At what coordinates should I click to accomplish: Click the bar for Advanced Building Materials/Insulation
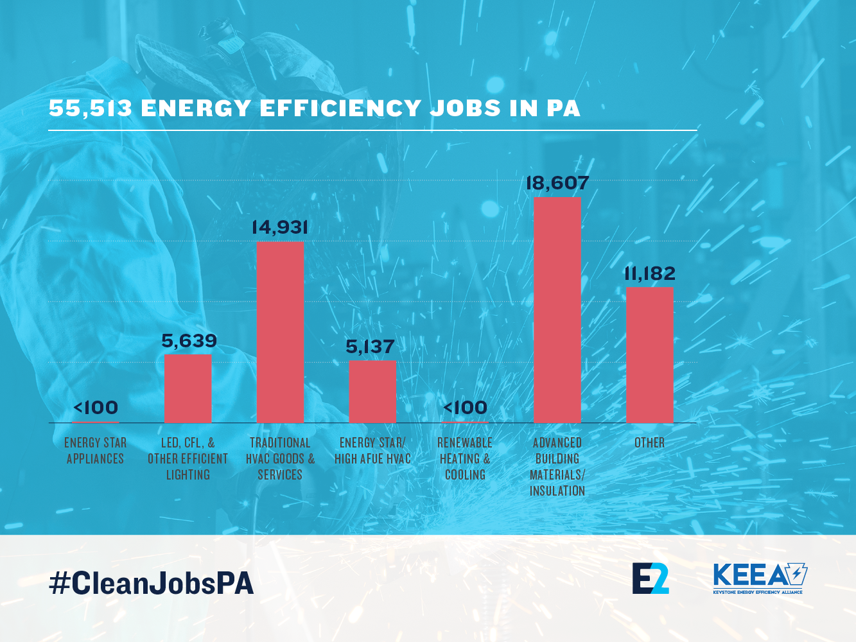tap(557, 310)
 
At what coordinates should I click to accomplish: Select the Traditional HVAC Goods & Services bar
tap(280, 332)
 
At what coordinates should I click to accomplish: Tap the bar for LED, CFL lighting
tap(188, 388)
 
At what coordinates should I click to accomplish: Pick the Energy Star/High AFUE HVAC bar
tap(372, 392)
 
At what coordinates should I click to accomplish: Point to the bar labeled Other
tap(650, 355)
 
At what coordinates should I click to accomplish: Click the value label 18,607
tap(557, 184)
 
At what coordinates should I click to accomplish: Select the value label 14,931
tap(280, 228)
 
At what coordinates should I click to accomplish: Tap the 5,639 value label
tap(189, 341)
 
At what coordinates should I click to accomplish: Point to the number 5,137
tap(370, 347)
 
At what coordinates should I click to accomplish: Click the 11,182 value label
tap(650, 274)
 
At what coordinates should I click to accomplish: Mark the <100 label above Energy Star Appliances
tap(96, 408)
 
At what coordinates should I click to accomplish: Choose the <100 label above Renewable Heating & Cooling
tap(466, 408)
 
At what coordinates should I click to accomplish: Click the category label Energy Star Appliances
tap(96, 451)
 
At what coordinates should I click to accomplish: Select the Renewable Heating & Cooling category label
tap(465, 458)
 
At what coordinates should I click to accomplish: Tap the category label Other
tap(650, 443)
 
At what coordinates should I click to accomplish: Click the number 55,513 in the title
tap(91, 108)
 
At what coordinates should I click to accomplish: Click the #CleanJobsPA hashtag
tap(152, 583)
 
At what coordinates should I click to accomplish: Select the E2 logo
tap(651, 578)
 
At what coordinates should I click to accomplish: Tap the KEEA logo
tap(760, 578)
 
